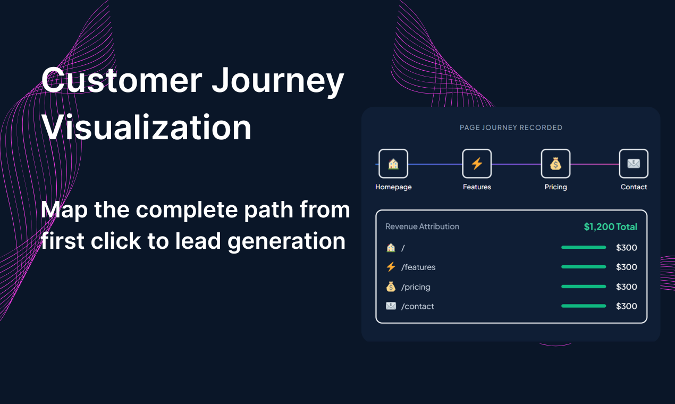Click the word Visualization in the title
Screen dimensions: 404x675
[x=147, y=128]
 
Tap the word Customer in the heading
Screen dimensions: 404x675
[x=122, y=81]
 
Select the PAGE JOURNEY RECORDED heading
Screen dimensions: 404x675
[x=511, y=128]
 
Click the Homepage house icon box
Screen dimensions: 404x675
[x=393, y=164]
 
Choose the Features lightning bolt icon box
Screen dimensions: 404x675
[x=477, y=164]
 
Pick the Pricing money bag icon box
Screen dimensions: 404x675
[x=555, y=164]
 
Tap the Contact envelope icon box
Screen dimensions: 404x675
[x=634, y=164]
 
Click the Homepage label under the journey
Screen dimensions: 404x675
[x=393, y=187]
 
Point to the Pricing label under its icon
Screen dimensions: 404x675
[x=555, y=187]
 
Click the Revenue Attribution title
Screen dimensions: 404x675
[x=422, y=226]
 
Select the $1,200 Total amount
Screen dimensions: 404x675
[x=610, y=227]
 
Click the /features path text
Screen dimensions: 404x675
[x=418, y=267]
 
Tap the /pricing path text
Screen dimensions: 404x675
[x=416, y=287]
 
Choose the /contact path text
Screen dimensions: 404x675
[x=418, y=307]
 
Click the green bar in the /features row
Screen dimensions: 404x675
[x=584, y=267]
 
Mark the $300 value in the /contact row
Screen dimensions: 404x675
[x=626, y=306]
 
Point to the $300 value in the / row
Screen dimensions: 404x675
[x=626, y=248]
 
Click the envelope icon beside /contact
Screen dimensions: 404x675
[x=391, y=306]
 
